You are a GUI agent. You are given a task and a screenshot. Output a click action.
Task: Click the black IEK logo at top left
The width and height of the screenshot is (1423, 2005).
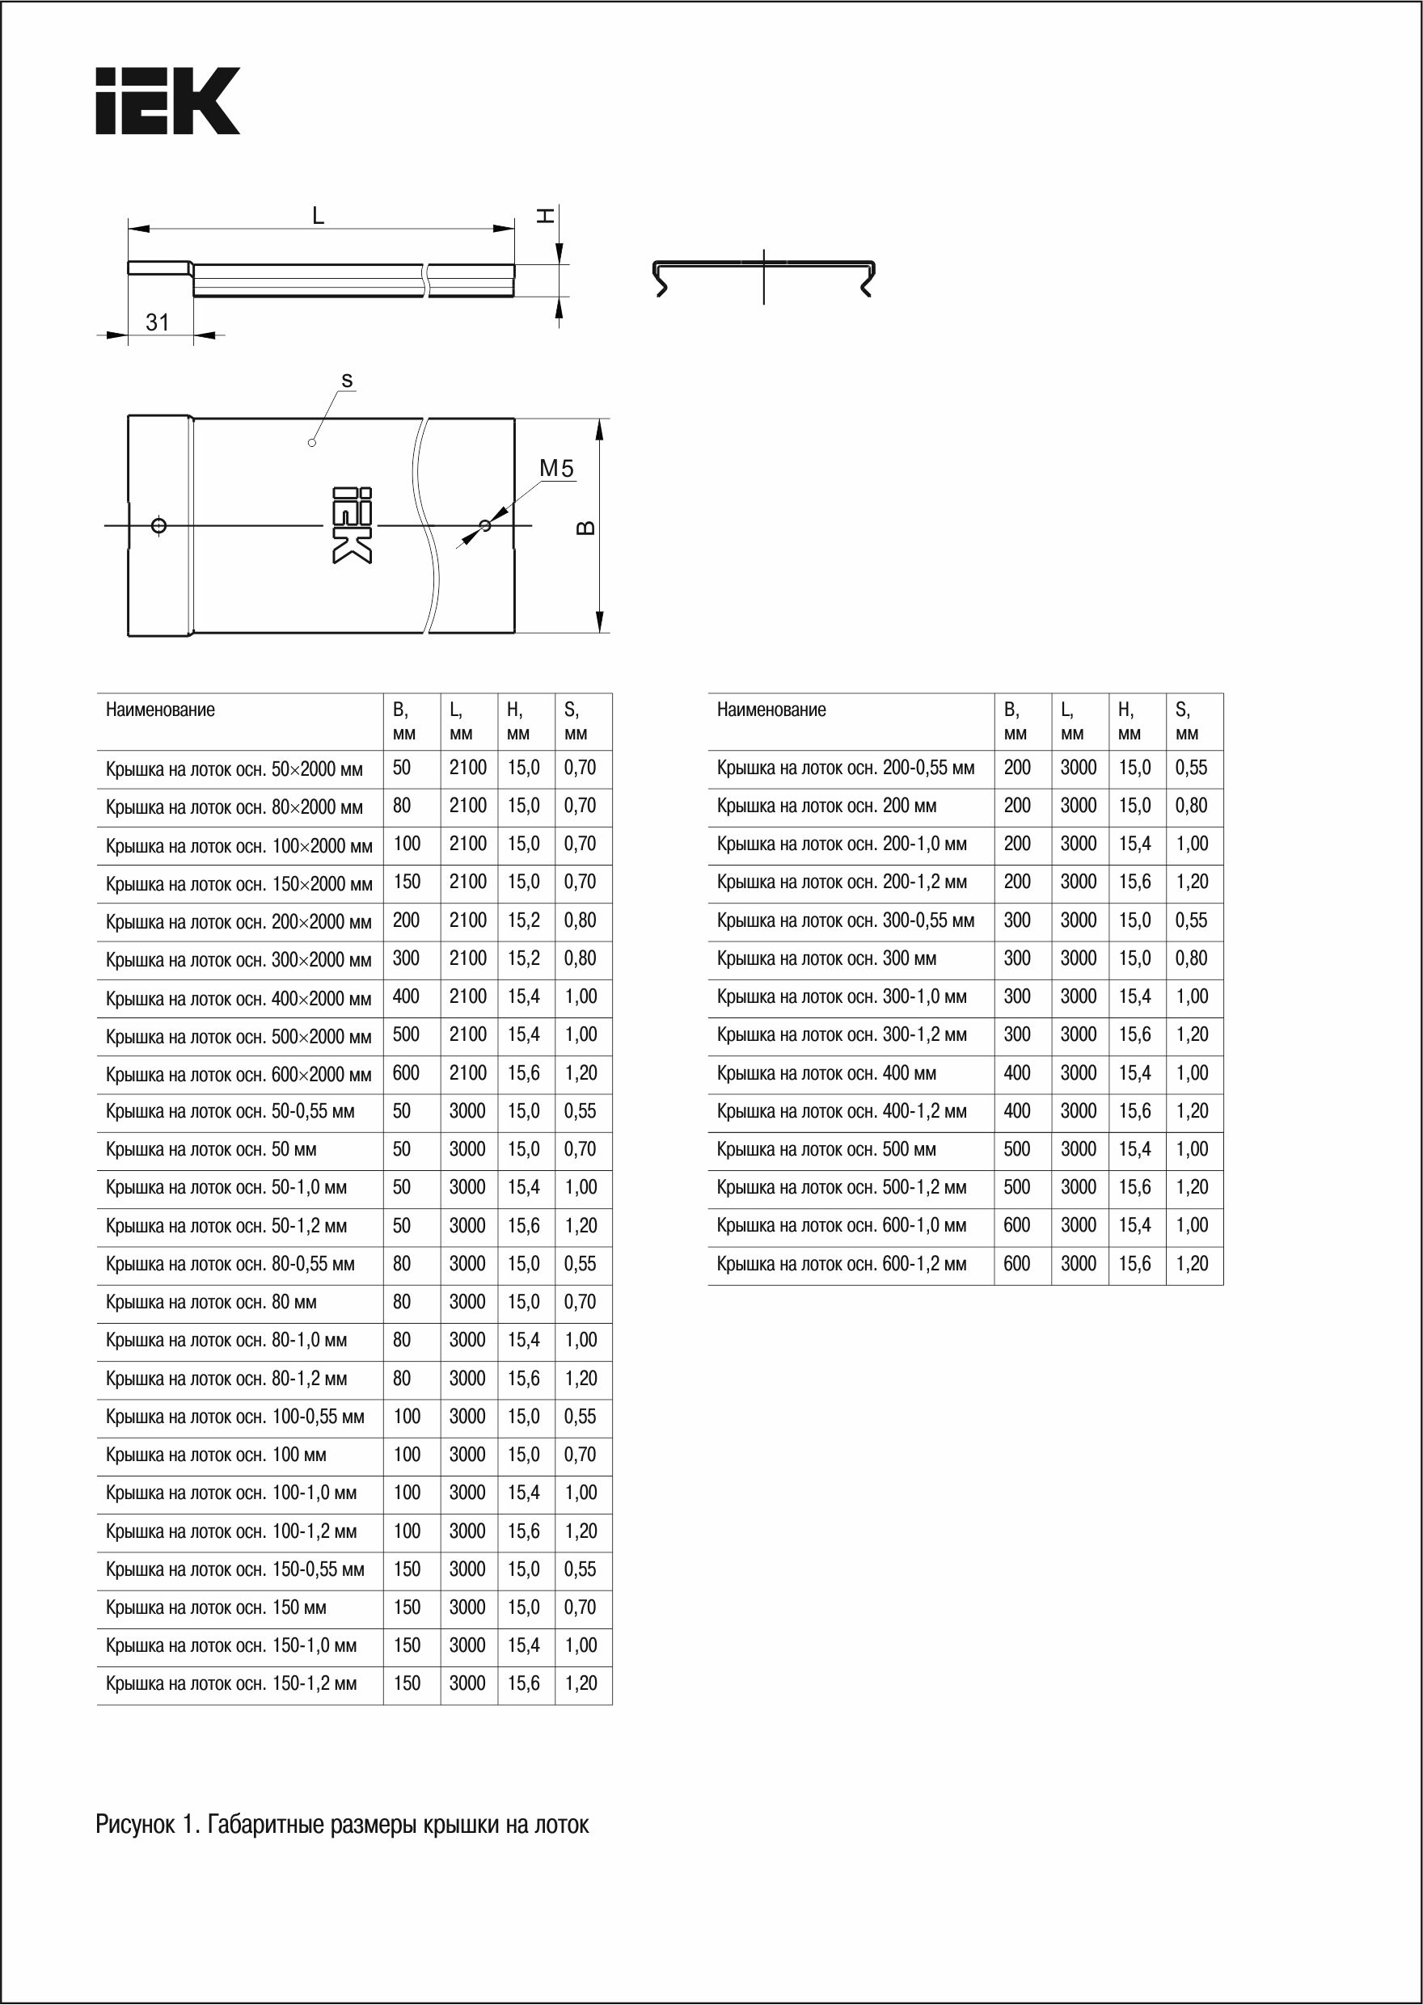pyautogui.click(x=167, y=101)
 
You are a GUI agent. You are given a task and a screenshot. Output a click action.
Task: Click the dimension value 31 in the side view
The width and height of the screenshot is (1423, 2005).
pyautogui.click(x=158, y=322)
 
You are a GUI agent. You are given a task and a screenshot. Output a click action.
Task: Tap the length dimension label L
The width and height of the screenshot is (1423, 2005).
pyautogui.click(x=319, y=215)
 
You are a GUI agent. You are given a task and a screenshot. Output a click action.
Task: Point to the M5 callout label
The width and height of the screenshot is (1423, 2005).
pyautogui.click(x=556, y=469)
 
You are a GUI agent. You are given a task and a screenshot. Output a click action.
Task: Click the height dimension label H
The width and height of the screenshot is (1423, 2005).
pyautogui.click(x=545, y=215)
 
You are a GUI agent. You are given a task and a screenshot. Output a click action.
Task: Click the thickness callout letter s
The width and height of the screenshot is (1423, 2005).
pyautogui.click(x=347, y=381)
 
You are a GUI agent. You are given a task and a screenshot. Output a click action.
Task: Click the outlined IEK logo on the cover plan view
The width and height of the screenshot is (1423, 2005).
pyautogui.click(x=353, y=525)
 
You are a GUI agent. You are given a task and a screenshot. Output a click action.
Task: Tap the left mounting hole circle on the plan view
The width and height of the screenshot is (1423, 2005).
pyautogui.click(x=158, y=525)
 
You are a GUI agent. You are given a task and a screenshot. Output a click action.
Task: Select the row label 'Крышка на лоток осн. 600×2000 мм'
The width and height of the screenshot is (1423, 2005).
pyautogui.click(x=239, y=1075)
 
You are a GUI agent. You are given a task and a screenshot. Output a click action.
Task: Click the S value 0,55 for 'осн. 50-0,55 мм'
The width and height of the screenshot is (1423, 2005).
pyautogui.click(x=580, y=1111)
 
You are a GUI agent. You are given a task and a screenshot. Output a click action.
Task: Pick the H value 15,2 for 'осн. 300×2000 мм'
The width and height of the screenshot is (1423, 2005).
pyautogui.click(x=523, y=959)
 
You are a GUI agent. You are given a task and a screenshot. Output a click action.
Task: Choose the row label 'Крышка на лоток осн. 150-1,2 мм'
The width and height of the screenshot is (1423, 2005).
pyautogui.click(x=231, y=1683)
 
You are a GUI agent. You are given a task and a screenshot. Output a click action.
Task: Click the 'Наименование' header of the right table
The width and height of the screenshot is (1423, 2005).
pyautogui.click(x=771, y=710)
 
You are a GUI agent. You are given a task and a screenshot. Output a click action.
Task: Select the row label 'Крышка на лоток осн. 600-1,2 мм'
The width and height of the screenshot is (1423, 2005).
pyautogui.click(x=841, y=1264)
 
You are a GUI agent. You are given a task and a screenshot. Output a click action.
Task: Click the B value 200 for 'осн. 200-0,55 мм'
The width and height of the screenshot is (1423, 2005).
pyautogui.click(x=1016, y=769)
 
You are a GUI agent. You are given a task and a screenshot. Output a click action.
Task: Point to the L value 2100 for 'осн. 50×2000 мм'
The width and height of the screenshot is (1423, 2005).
pyautogui.click(x=468, y=769)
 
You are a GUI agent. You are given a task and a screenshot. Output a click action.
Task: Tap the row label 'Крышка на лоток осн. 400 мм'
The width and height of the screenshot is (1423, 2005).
pyautogui.click(x=826, y=1073)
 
